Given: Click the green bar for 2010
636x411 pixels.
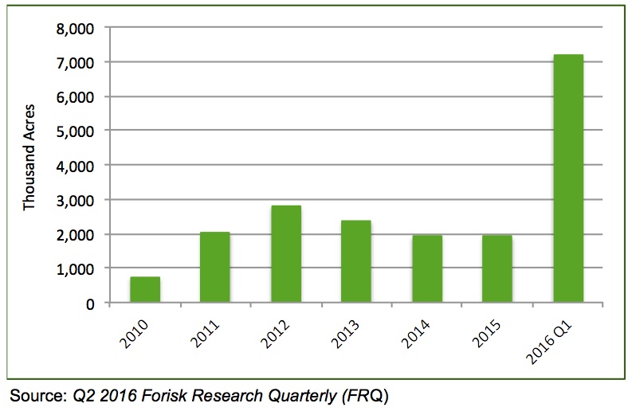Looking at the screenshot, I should point(145,290).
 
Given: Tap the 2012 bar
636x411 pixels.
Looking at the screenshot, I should point(286,254).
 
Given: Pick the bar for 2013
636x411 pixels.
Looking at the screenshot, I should point(356,261).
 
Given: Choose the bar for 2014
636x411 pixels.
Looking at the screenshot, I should point(427,269).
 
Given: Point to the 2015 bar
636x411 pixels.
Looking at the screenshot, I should point(497,269).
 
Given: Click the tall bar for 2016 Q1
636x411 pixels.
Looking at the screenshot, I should point(568,178).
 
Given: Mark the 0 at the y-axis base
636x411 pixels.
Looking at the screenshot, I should point(90,303).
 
